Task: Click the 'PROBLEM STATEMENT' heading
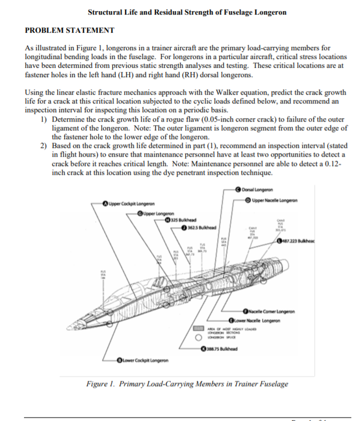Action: click(x=70, y=30)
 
